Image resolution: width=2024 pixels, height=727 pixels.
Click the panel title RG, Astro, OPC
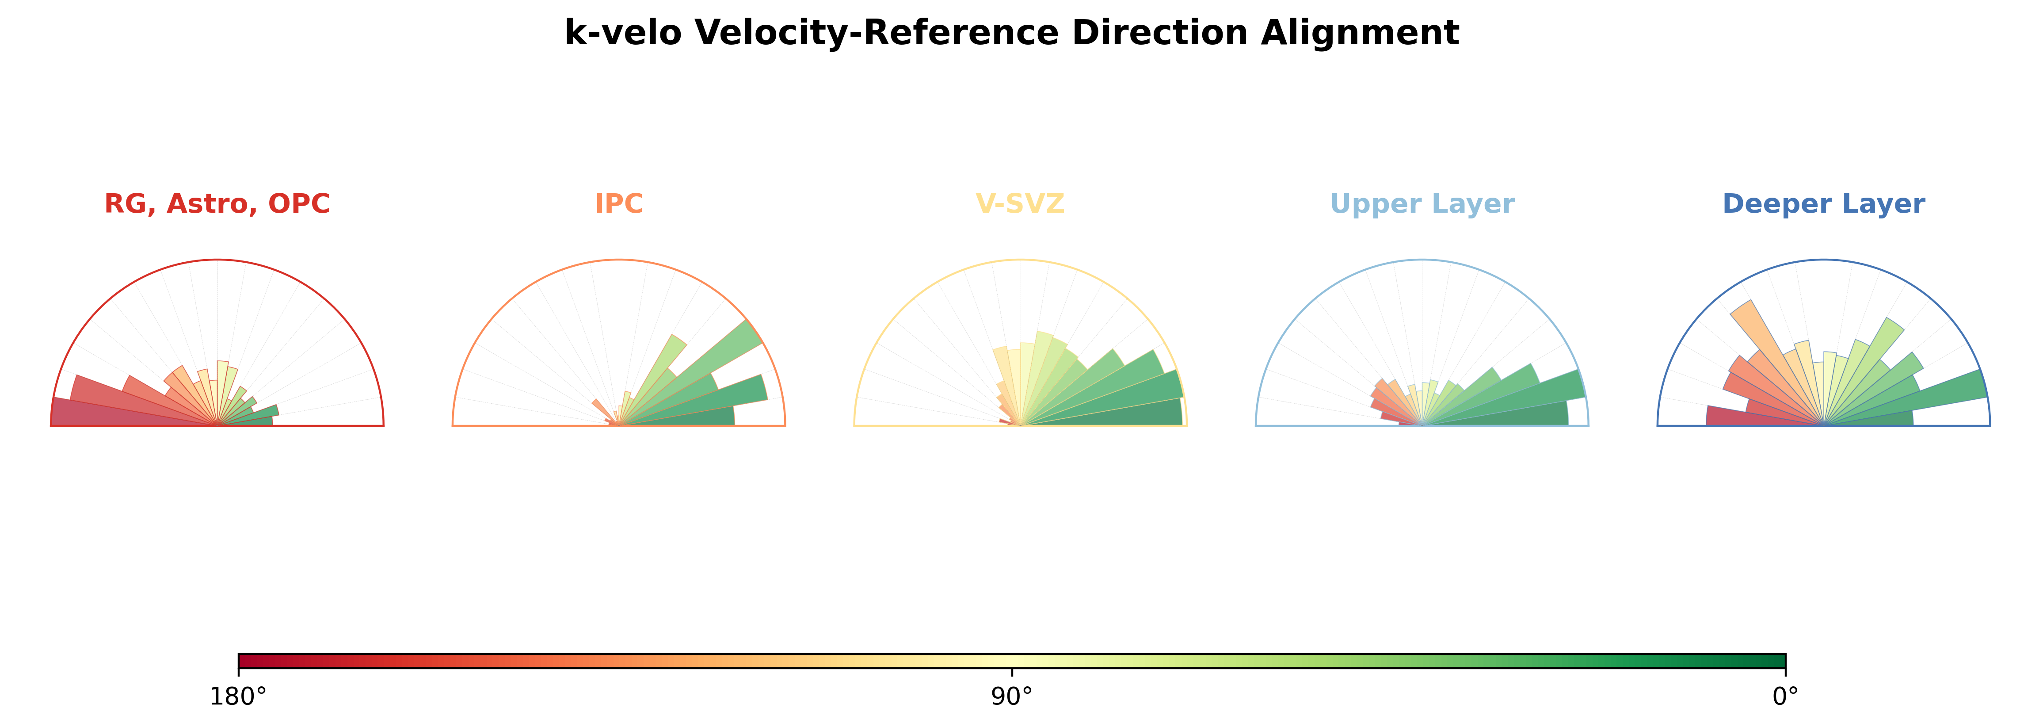tap(217, 203)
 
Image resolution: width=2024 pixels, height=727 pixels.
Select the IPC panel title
tap(618, 203)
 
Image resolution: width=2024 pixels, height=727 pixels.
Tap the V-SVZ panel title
tap(1020, 203)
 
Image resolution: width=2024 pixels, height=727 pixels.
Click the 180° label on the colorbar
tap(238, 696)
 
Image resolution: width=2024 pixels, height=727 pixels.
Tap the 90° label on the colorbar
tap(1012, 696)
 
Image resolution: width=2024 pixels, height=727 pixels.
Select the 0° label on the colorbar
tap(1785, 696)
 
